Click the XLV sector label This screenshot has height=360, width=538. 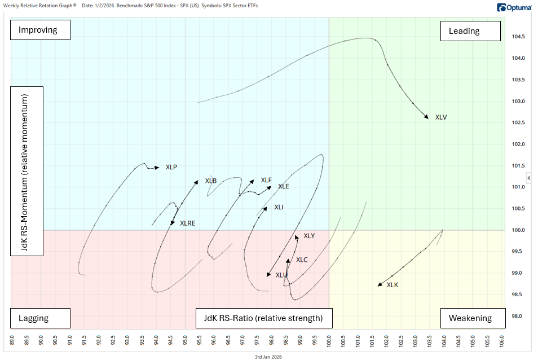[x=441, y=117]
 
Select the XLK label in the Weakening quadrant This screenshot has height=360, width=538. [x=393, y=285]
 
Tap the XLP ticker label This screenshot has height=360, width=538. [x=171, y=167]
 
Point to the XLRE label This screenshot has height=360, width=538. [x=187, y=223]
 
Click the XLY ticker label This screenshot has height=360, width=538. [x=309, y=236]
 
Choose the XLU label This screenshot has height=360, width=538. [x=281, y=275]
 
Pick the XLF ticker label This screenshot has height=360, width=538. [x=266, y=180]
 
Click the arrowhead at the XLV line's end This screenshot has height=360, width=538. [x=426, y=116]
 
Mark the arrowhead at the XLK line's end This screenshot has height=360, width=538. [x=380, y=285]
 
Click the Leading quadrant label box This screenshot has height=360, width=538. [x=470, y=31]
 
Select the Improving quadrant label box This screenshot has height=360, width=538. [x=40, y=30]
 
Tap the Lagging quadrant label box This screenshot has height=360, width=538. [x=40, y=318]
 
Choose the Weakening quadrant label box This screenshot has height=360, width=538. [x=470, y=318]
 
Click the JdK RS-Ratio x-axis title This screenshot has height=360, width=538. [x=263, y=318]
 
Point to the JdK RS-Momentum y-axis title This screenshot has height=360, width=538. [x=27, y=171]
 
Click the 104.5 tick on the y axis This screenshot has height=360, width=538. [x=518, y=37]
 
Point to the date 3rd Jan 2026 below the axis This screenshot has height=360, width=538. [x=268, y=356]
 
